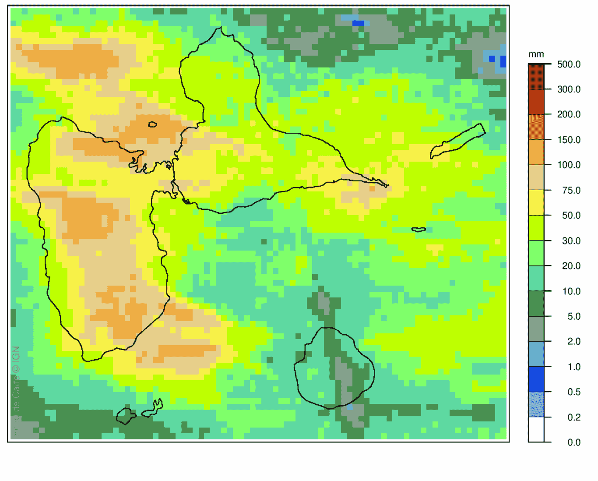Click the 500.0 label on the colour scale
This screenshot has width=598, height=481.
tap(568, 64)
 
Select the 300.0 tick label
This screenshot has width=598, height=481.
tap(568, 89)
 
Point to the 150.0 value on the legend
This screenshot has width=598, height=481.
tap(568, 140)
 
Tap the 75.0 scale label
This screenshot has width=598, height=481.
tap(571, 190)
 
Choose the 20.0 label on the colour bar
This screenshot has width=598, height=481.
tap(571, 266)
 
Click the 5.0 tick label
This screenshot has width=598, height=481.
tap(573, 316)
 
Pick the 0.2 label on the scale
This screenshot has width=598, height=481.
tap(573, 417)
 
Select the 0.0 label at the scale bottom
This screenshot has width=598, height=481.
tap(573, 442)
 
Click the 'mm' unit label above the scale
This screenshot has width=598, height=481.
tap(536, 54)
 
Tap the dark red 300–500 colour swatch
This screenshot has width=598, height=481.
tap(536, 77)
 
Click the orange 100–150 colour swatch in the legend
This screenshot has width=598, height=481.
tap(536, 152)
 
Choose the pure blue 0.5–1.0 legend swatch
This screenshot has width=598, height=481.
tap(536, 379)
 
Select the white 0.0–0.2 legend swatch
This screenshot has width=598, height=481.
tap(536, 429)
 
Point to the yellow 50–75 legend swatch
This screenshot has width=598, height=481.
tap(536, 202)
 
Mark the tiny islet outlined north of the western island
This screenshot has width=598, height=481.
tap(152, 124)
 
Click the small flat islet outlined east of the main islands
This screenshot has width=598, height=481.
tap(419, 229)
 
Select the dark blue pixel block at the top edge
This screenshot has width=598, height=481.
tap(358, 23)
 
